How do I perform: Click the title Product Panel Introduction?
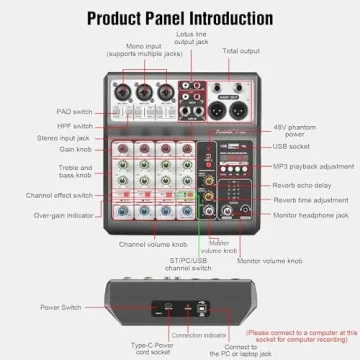180,17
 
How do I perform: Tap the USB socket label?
297,147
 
